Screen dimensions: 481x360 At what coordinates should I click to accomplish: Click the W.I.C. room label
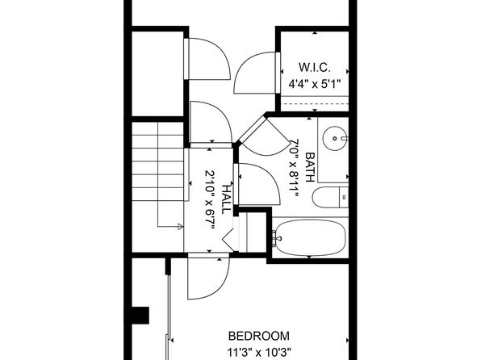coord(315,68)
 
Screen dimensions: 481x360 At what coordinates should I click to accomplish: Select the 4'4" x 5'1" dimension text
coord(315,83)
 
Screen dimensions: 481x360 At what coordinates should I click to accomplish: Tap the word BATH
coord(310,167)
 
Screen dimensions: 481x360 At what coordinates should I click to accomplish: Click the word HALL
coord(226,199)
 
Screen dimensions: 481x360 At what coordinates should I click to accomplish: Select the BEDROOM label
coord(259,336)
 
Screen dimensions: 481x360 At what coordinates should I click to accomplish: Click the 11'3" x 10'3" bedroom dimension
coord(259,352)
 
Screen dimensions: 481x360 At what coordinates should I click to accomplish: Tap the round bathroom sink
coord(335,138)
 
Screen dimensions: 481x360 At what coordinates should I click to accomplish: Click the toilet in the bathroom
coord(330,197)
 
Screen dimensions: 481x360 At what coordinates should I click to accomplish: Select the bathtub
coord(310,237)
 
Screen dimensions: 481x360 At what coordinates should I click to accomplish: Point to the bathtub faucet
coord(276,238)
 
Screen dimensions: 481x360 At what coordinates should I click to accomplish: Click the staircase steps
coord(158,161)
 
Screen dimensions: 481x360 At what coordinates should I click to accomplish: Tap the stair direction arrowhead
coord(181,227)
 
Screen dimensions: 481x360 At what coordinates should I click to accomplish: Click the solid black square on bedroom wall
coord(140,316)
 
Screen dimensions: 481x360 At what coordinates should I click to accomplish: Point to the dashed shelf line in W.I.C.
coord(315,103)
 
